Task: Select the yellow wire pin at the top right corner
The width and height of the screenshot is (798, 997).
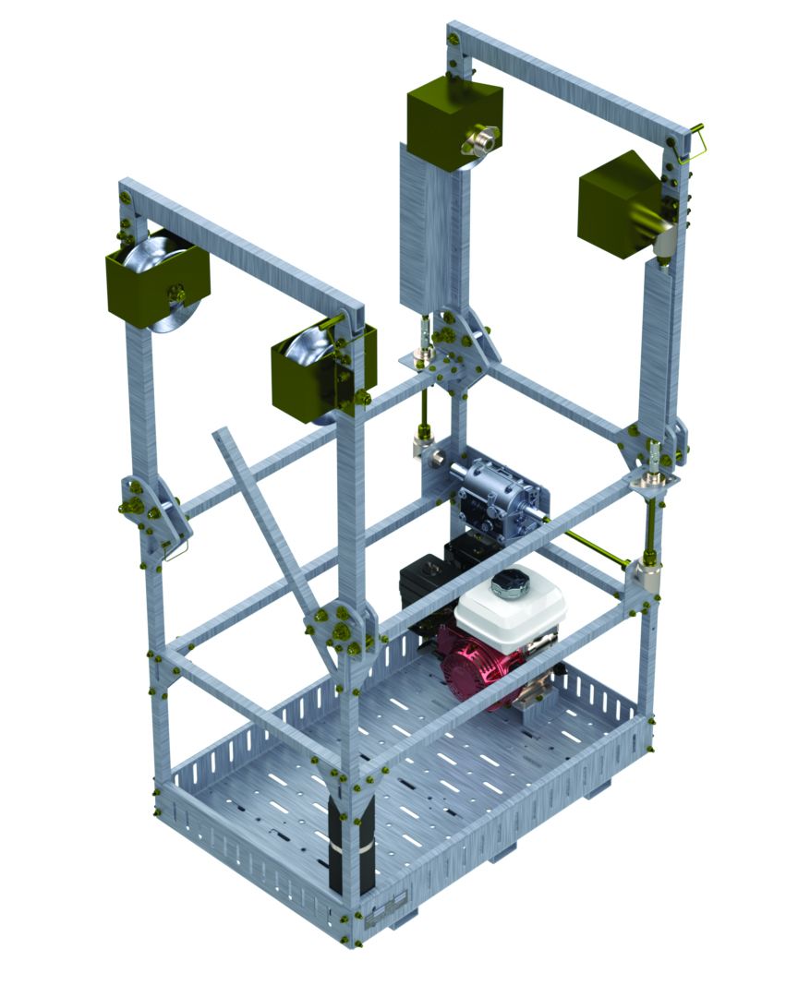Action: (695, 143)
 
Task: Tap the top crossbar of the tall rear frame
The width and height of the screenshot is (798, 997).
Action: (573, 78)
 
